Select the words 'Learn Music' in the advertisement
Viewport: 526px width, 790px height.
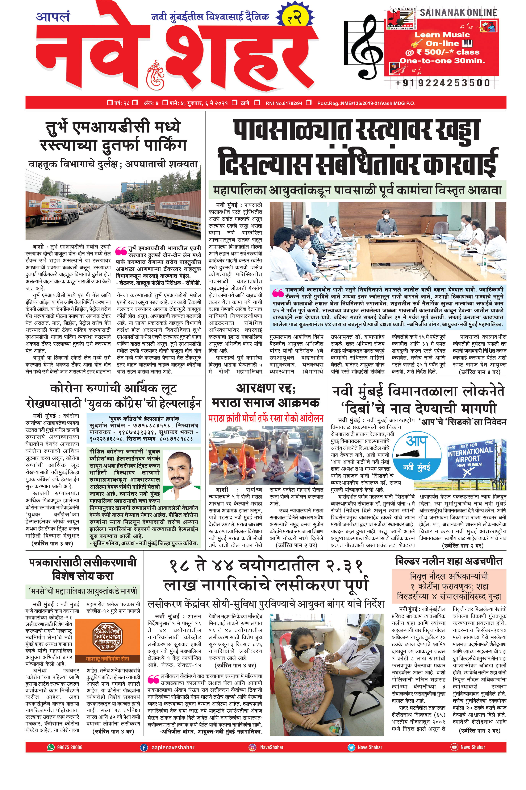tap(442, 35)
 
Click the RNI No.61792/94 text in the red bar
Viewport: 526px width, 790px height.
tap(284, 103)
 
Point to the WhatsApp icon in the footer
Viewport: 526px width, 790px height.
tap(51, 747)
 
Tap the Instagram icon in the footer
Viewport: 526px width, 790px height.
tap(252, 747)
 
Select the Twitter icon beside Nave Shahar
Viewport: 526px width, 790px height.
tap(351, 747)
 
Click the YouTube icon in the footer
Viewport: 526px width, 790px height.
tap(454, 747)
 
